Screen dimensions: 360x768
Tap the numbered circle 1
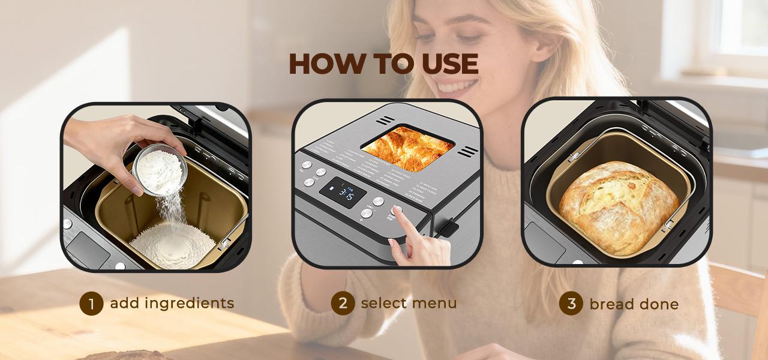pyautogui.click(x=91, y=304)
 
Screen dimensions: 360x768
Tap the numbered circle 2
pyautogui.click(x=343, y=303)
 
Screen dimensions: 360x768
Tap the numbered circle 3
pyautogui.click(x=571, y=304)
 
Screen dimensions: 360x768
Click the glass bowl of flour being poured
pyautogui.click(x=159, y=168)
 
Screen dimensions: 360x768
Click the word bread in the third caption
pyautogui.click(x=611, y=304)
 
